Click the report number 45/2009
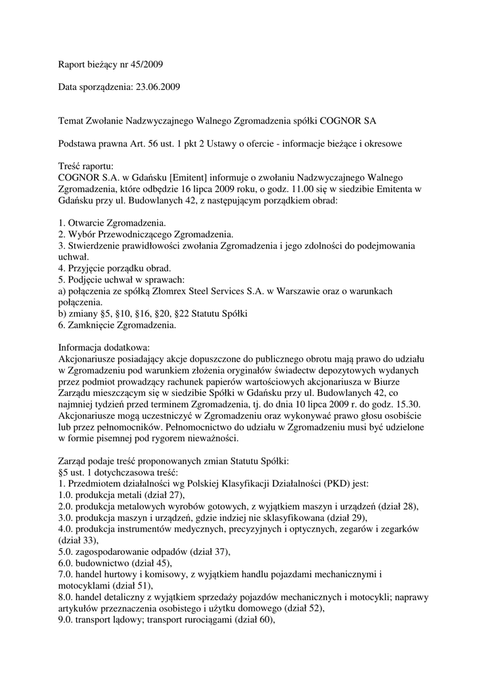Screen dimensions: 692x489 pos(146,65)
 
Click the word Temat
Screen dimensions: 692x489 pos(72,121)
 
